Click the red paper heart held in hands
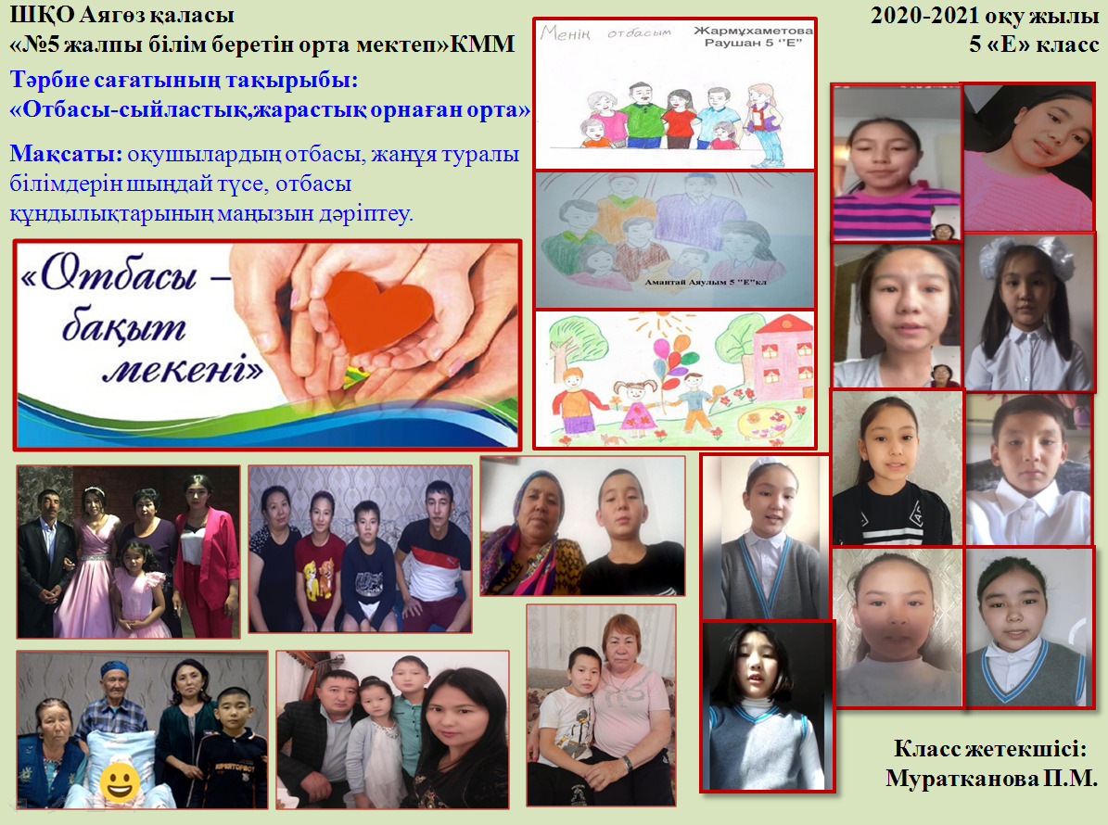[x=378, y=311]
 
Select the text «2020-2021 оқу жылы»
[x=985, y=15]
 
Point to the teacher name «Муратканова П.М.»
[x=991, y=778]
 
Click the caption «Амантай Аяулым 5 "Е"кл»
[x=706, y=282]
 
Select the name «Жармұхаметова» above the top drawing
[x=753, y=31]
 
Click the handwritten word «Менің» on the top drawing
[x=565, y=32]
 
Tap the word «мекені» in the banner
[x=183, y=369]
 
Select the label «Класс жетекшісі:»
[x=990, y=748]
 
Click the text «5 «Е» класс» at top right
[x=1034, y=44]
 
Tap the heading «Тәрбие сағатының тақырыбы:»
[x=184, y=80]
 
